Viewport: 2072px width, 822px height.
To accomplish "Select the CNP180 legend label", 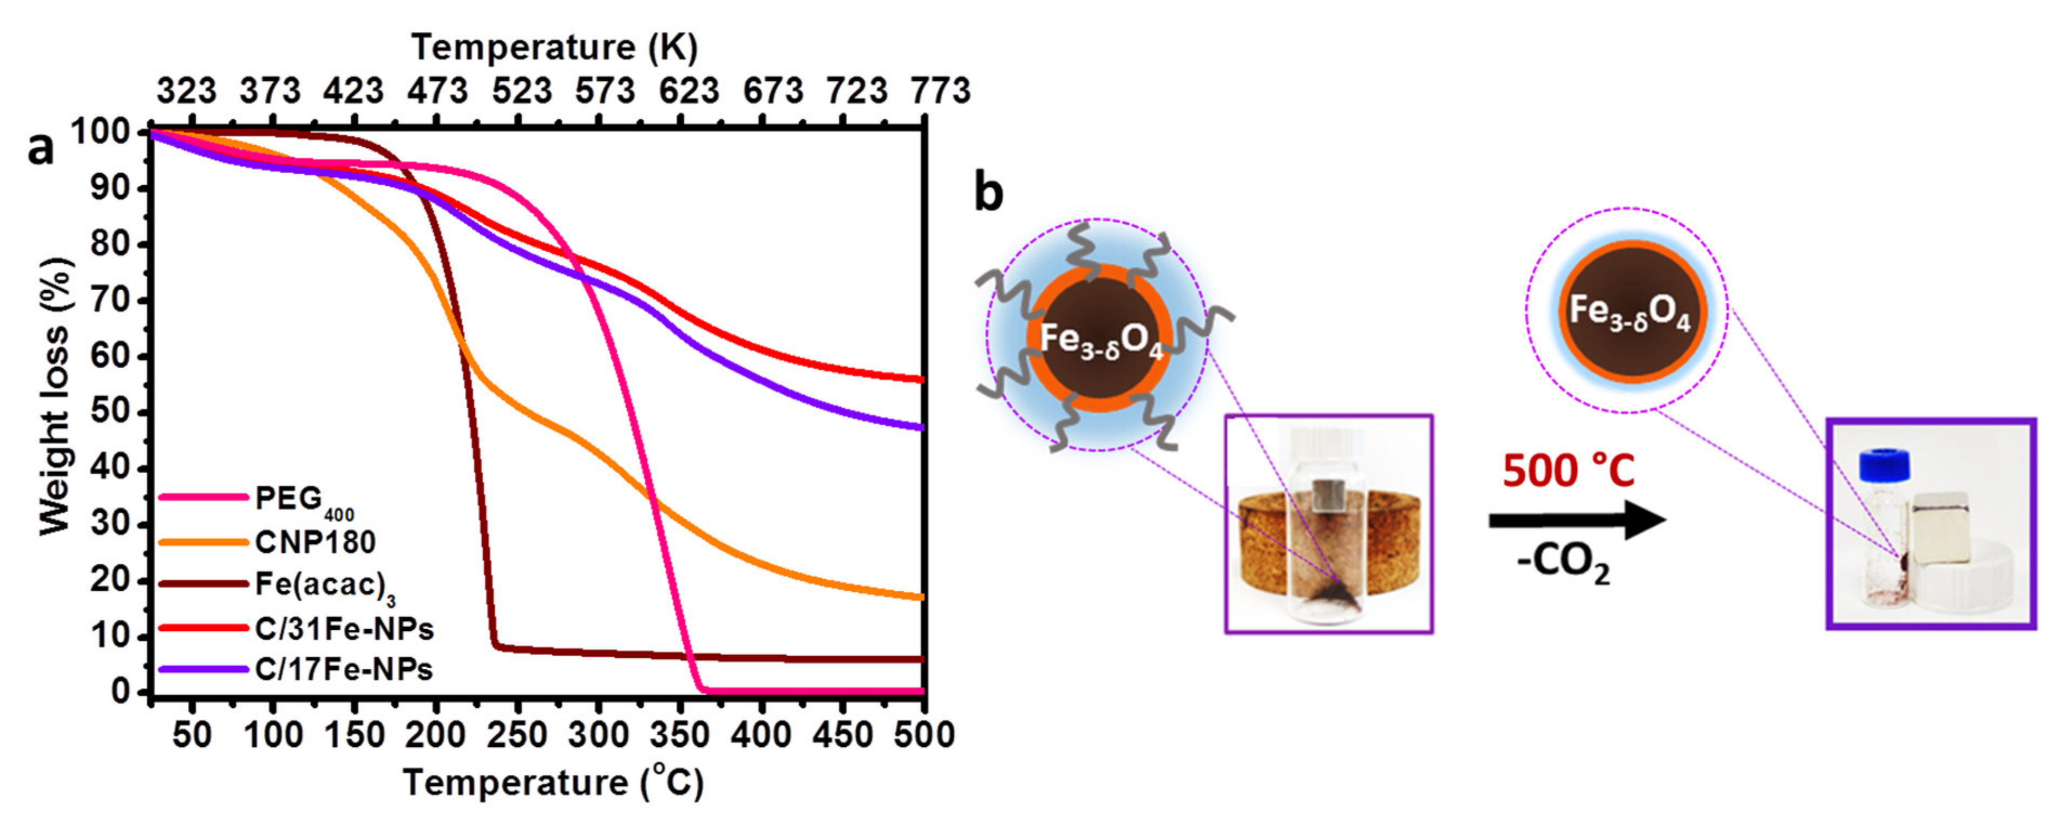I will [314, 542].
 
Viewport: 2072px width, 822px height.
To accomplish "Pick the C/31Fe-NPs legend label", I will [344, 629].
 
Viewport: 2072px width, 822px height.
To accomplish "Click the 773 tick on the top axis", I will [940, 90].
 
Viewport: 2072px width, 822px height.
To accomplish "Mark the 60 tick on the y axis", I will [109, 356].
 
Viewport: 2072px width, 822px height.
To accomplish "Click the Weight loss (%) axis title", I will [55, 396].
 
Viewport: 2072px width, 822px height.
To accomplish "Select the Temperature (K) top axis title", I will [554, 48].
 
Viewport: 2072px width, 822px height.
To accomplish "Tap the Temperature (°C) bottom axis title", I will [553, 782].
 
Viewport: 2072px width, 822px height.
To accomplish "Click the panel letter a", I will [40, 148].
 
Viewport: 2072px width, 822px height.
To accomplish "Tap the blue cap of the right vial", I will [1884, 466].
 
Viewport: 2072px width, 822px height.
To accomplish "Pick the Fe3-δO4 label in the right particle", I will [1630, 312].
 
